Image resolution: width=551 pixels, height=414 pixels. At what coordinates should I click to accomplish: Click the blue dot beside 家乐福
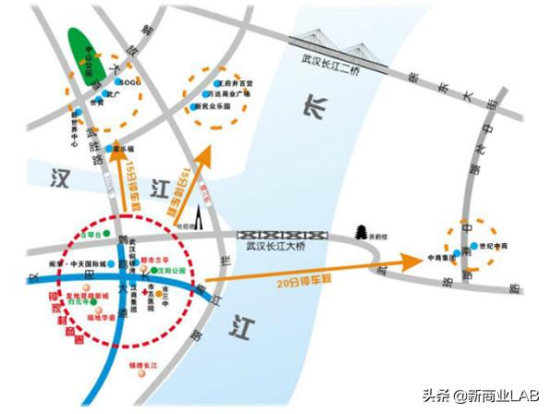(x=109, y=149)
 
